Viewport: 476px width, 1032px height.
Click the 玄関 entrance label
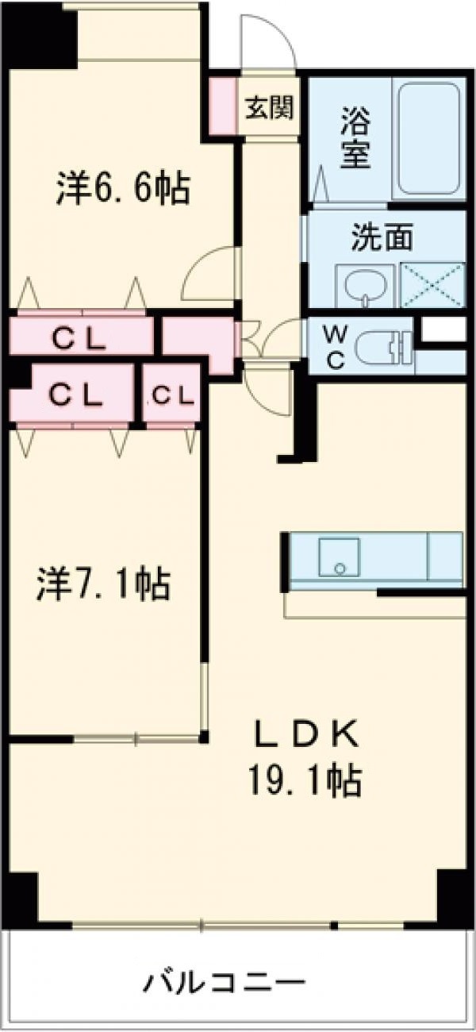pyautogui.click(x=269, y=108)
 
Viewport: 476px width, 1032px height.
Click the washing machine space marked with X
pyautogui.click(x=432, y=283)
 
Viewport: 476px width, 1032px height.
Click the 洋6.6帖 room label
pyautogui.click(x=122, y=188)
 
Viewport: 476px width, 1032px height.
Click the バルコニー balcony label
pyautogui.click(x=225, y=985)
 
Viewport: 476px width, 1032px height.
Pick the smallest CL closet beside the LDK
pyautogui.click(x=171, y=395)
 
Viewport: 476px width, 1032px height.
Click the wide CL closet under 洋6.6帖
pyautogui.click(x=79, y=338)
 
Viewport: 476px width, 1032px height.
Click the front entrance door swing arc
pyautogui.click(x=268, y=44)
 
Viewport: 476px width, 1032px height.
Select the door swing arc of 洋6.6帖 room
pyautogui.click(x=208, y=275)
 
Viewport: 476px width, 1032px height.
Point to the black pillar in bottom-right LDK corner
pyautogui.click(x=450, y=893)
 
